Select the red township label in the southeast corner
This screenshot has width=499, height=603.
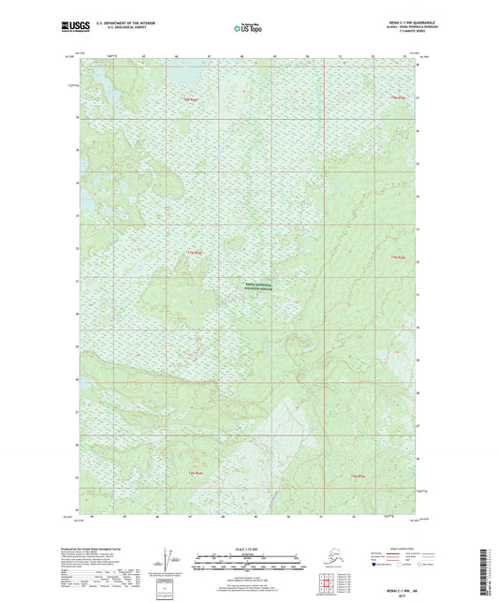pos(358,478)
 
